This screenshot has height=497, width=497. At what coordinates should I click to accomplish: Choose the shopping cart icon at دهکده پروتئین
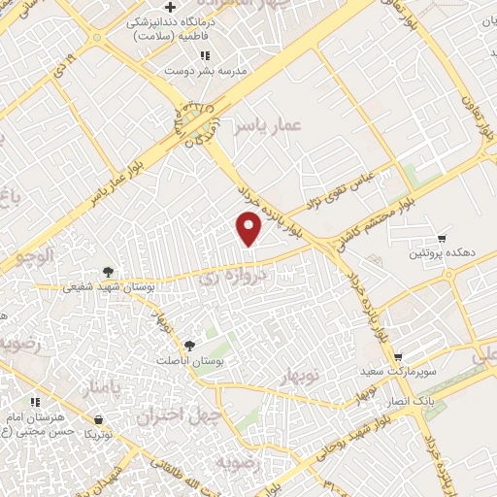(443, 238)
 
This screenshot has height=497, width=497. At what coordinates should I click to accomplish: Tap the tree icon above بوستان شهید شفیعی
(108, 273)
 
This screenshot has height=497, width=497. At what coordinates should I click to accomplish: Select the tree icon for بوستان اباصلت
(190, 345)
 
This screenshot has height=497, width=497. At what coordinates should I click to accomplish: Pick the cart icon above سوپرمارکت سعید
(397, 357)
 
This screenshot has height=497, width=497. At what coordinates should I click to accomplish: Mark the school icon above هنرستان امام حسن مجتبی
(36, 401)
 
